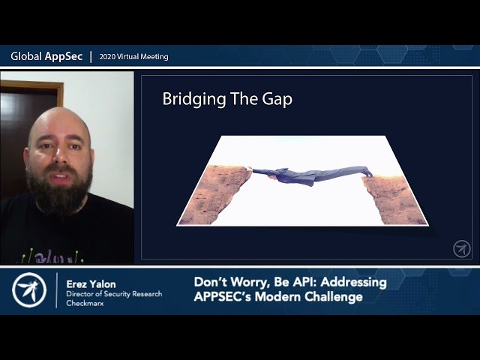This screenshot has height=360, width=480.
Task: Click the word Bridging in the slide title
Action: click(x=188, y=100)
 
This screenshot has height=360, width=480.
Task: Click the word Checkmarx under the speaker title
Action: click(x=86, y=304)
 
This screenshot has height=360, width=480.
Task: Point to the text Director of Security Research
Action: click(x=114, y=294)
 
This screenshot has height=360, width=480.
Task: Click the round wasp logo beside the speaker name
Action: click(x=29, y=290)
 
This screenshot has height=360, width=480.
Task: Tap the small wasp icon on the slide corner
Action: click(x=461, y=248)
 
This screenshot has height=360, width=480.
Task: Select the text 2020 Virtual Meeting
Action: click(x=133, y=57)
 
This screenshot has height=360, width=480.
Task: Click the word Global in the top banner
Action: click(x=25, y=56)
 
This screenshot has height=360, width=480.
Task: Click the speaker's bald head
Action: click(x=60, y=124)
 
